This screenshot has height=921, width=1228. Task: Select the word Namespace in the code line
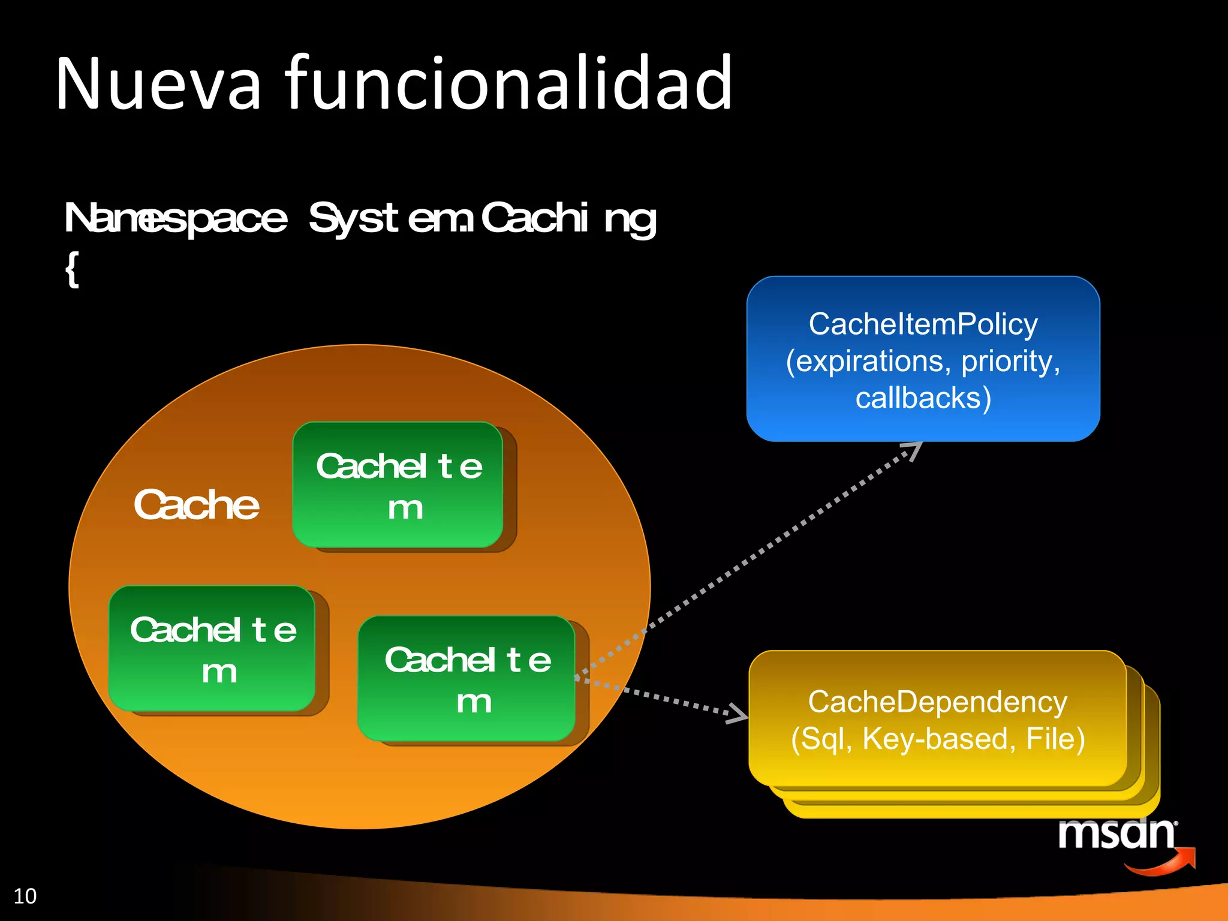pos(176,219)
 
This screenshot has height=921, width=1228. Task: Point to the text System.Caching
pos(483,219)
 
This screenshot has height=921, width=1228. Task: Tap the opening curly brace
pos(72,270)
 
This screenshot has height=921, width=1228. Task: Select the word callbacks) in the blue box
pos(923,398)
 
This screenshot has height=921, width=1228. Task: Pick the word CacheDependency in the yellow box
pos(937,702)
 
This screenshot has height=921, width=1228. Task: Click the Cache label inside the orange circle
pos(196,505)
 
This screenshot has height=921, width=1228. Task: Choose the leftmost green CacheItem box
pos(212,649)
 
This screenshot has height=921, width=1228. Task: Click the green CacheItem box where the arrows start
pos(466,679)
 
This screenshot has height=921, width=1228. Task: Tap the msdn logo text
pos(1116,834)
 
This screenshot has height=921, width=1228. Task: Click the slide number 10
pos(25,896)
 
